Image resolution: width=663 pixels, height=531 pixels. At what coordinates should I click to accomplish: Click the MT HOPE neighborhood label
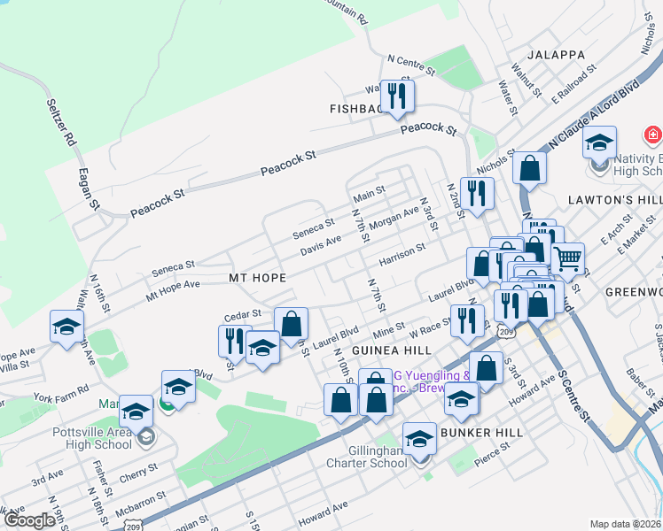click(x=257, y=278)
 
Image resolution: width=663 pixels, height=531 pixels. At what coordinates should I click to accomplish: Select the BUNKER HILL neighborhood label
click(x=483, y=433)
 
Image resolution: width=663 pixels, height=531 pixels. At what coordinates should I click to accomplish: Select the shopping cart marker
click(x=567, y=258)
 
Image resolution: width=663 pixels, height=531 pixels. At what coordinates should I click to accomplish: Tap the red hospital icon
click(x=652, y=135)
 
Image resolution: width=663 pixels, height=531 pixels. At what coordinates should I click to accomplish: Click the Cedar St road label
click(x=242, y=313)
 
